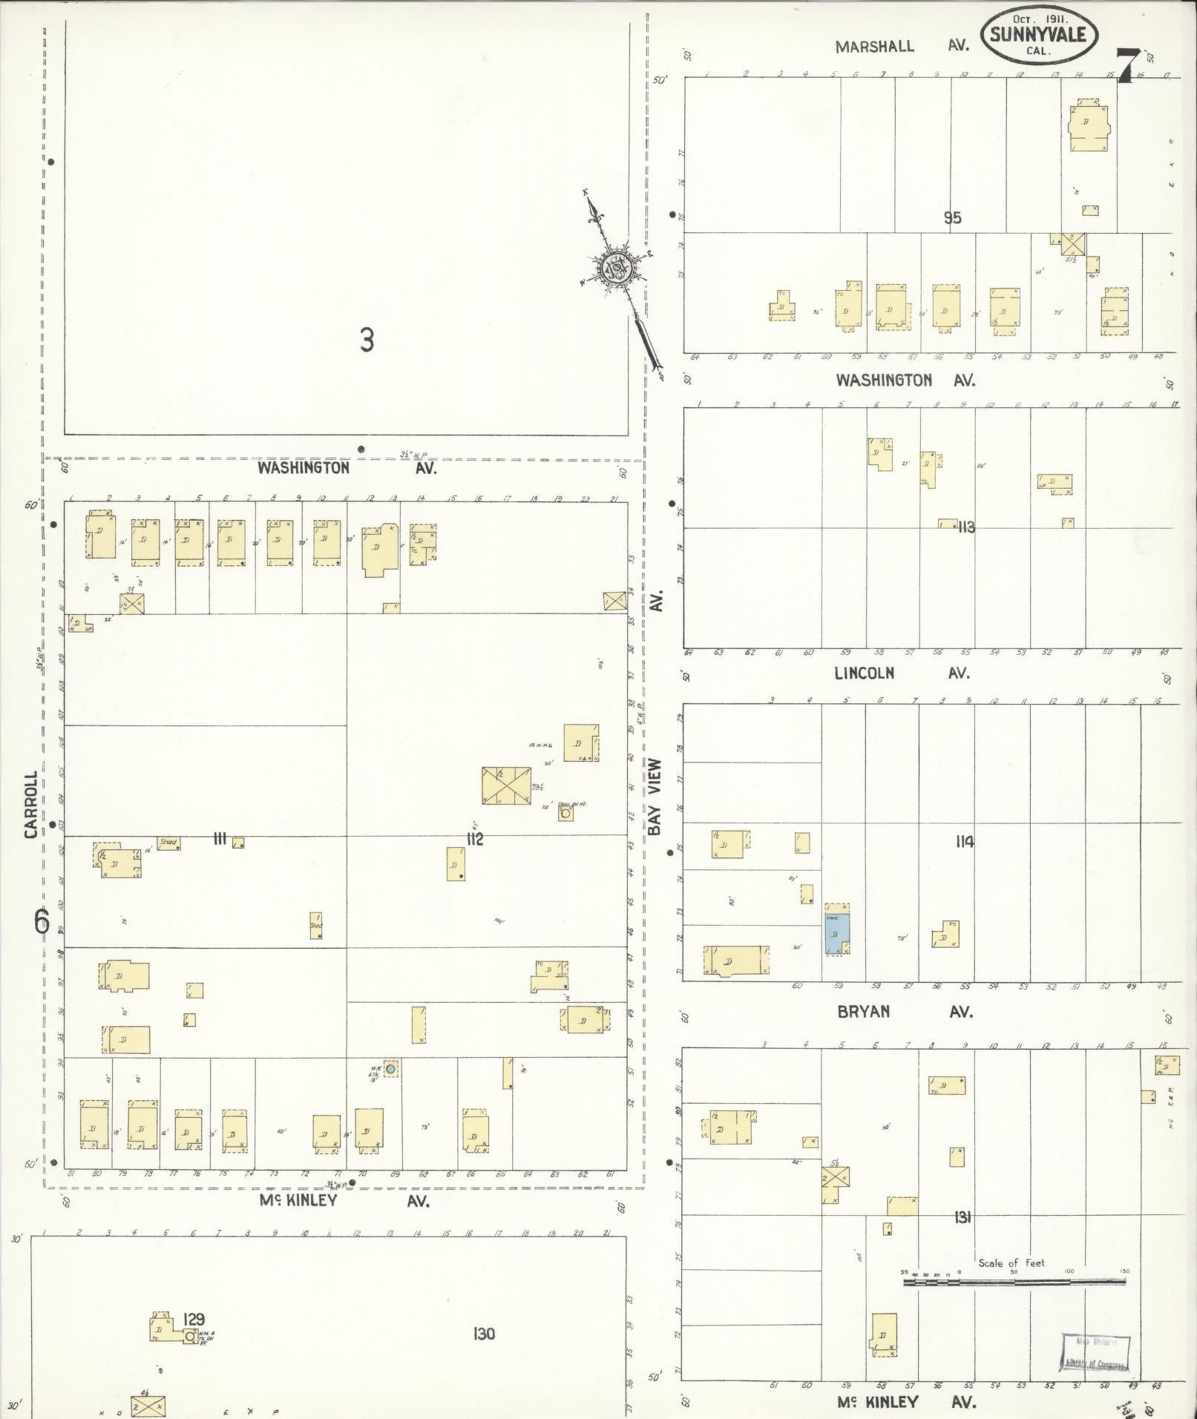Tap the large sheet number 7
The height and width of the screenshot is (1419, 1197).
[1127, 65]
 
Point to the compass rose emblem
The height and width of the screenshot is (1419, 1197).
[615, 269]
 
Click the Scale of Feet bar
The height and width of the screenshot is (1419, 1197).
[1014, 1282]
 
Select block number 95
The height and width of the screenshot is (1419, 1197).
[952, 217]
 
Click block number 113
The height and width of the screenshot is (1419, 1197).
[965, 527]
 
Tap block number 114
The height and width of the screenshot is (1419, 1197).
[965, 841]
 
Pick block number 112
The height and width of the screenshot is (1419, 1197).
[474, 839]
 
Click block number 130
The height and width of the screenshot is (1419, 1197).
[483, 1334]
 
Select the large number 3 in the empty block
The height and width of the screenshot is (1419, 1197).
[367, 340]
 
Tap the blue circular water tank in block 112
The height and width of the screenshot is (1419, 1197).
[389, 1069]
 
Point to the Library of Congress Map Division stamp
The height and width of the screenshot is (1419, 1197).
[1095, 1352]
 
